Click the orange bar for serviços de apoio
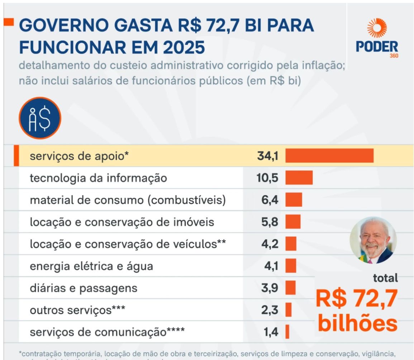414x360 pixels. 329,156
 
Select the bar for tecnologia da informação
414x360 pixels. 299,178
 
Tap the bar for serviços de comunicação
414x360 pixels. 287,332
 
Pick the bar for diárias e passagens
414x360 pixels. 290,288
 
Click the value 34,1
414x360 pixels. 267,156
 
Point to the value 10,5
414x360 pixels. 267,178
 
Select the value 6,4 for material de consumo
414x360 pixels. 270,200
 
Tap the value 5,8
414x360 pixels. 270,222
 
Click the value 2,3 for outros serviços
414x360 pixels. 270,310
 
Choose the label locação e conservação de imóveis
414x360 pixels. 122,222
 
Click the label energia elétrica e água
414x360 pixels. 91,266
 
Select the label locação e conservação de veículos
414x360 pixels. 128,244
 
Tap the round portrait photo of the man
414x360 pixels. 373,241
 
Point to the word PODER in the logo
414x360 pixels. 377,47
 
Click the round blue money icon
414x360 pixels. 40,118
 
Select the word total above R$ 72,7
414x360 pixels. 385,278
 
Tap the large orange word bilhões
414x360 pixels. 358,323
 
